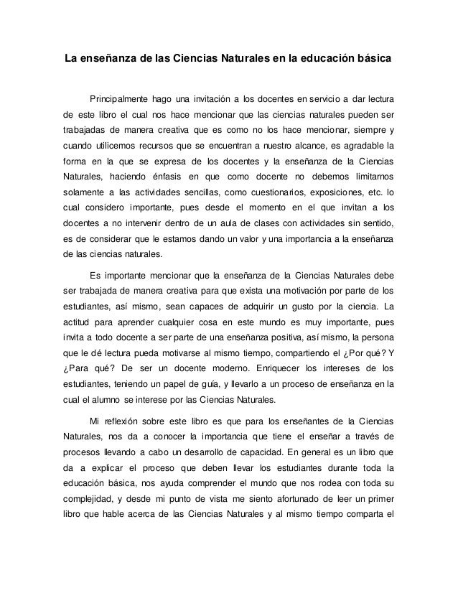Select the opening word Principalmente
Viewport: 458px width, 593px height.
(x=120, y=98)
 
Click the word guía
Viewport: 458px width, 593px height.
(x=212, y=386)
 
